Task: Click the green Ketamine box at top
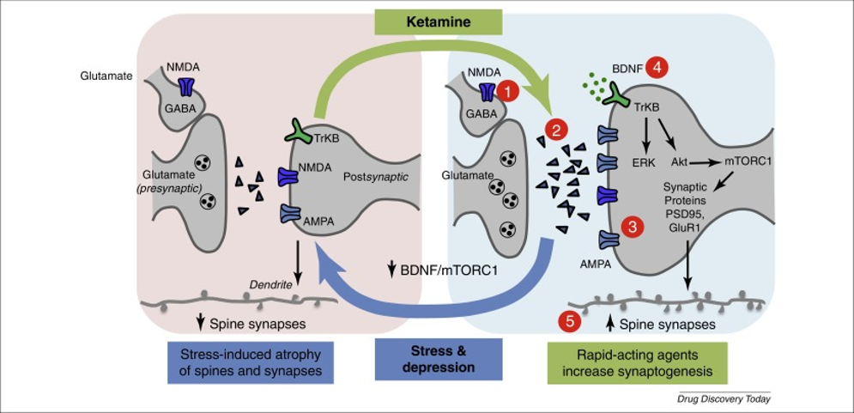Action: [438, 21]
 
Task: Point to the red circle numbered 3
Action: [633, 227]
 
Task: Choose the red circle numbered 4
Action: [657, 66]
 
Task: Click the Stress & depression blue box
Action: [439, 359]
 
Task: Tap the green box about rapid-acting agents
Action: [634, 362]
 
